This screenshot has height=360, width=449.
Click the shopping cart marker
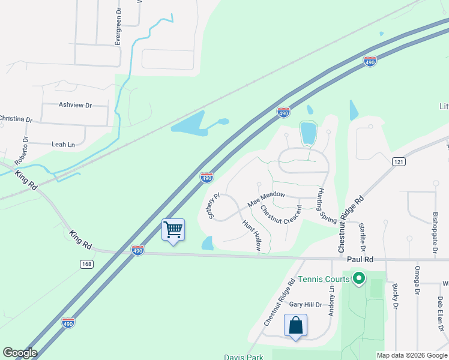pyautogui.click(x=173, y=229)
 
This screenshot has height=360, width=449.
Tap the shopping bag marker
pyautogui.click(x=295, y=325)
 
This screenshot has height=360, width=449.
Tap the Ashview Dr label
pyautogui.click(x=75, y=105)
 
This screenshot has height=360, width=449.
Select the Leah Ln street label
pyautogui.click(x=63, y=144)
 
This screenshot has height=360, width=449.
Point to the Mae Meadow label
pyautogui.click(x=266, y=199)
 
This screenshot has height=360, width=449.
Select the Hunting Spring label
pyautogui.click(x=327, y=207)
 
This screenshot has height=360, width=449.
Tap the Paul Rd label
pyautogui.click(x=360, y=260)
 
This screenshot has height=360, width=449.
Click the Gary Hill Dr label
pyautogui.click(x=306, y=304)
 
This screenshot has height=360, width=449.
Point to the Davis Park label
pyautogui.click(x=244, y=357)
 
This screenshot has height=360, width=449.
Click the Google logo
pyautogui.click(x=20, y=353)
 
